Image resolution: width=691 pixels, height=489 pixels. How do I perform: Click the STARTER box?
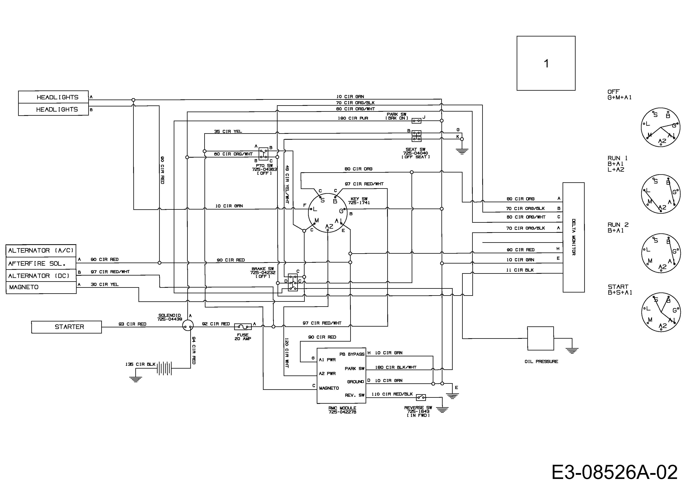(67, 327)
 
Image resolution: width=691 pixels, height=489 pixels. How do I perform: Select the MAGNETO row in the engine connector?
(41, 287)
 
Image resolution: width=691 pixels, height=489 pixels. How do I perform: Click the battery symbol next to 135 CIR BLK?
(164, 368)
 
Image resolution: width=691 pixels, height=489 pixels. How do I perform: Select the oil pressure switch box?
(541, 338)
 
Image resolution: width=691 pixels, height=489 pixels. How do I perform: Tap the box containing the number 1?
(546, 63)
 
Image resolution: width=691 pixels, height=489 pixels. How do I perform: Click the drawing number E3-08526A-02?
(615, 472)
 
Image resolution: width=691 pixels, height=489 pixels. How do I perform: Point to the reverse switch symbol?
(421, 398)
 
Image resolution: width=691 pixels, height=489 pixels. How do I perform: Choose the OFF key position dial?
(661, 127)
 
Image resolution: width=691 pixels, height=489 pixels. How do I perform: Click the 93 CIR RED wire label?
(132, 324)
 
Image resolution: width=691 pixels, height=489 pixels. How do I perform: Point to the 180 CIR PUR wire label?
(353, 118)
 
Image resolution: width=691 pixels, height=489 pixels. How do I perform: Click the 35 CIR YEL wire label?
(228, 131)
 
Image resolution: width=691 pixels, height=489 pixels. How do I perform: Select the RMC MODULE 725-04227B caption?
(343, 410)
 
